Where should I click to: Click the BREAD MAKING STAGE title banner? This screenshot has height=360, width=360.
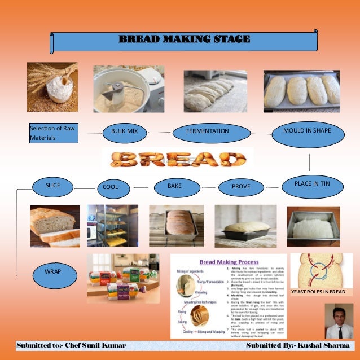pyautogui.click(x=184, y=39)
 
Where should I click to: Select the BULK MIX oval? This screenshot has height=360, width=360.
pyautogui.click(x=124, y=131)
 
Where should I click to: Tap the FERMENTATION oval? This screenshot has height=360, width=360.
pyautogui.click(x=208, y=131)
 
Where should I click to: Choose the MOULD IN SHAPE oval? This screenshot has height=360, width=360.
pyautogui.click(x=308, y=130)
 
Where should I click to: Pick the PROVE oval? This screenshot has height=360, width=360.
pyautogui.click(x=241, y=186)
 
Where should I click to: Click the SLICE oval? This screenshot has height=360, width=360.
pyautogui.click(x=53, y=185)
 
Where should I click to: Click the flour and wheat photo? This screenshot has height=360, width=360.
pyautogui.click(x=52, y=86)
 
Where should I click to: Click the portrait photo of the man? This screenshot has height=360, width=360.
pyautogui.click(x=339, y=321)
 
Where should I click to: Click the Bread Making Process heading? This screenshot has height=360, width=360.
pyautogui.click(x=230, y=262)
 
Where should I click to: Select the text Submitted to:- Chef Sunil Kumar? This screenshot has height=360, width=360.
pyautogui.click(x=71, y=344)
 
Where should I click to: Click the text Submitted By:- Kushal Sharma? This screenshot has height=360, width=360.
pyautogui.click(x=294, y=344)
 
